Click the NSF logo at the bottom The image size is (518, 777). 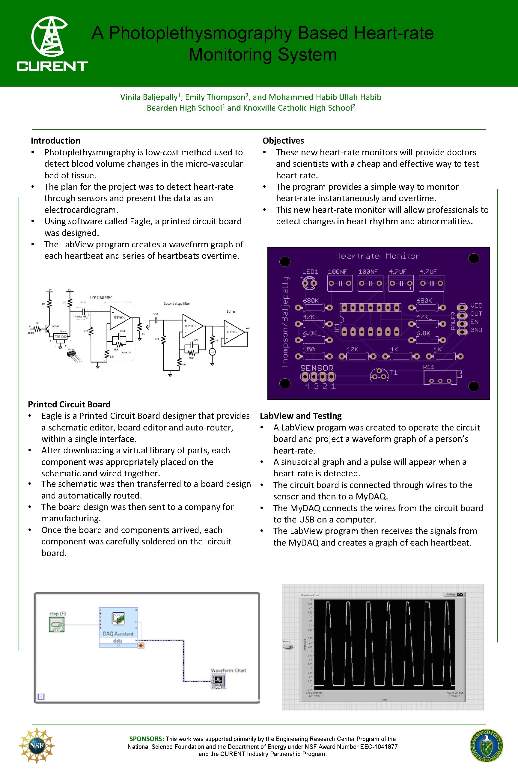pyautogui.click(x=37, y=746)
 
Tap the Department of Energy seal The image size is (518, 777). pyautogui.click(x=486, y=746)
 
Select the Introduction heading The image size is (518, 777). pyautogui.click(x=55, y=141)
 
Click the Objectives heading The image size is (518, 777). pyautogui.click(x=283, y=141)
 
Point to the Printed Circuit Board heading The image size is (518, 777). pyautogui.click(x=69, y=404)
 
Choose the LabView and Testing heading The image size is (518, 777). pyautogui.click(x=301, y=415)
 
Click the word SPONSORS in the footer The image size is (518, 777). pyautogui.click(x=146, y=739)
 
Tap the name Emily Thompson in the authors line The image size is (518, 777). pyautogui.click(x=215, y=97)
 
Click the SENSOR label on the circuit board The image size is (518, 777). pyautogui.click(x=317, y=368)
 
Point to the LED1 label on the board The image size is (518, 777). pyautogui.click(x=310, y=272)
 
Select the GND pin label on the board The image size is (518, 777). pyautogui.click(x=476, y=330)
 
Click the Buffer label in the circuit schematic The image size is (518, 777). pyautogui.click(x=231, y=311)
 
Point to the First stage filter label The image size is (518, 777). pyautogui.click(x=101, y=297)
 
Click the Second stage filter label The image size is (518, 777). pyautogui.click(x=177, y=303)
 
